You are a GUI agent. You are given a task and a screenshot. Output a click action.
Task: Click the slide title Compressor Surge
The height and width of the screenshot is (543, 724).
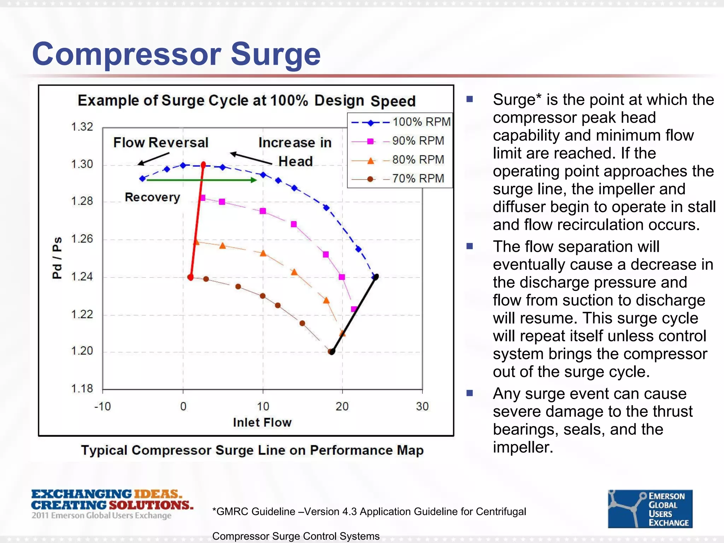click(x=176, y=54)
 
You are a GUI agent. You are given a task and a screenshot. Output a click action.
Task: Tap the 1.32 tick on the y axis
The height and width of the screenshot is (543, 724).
click(x=82, y=127)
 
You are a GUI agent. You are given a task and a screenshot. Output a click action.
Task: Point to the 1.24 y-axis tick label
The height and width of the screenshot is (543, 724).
click(x=82, y=276)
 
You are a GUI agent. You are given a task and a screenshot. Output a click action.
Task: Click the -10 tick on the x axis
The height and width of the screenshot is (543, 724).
click(x=103, y=407)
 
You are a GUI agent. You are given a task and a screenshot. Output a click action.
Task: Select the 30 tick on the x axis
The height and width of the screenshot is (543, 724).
click(x=422, y=407)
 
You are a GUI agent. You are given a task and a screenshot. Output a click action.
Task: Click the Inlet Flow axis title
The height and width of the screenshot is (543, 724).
click(x=262, y=422)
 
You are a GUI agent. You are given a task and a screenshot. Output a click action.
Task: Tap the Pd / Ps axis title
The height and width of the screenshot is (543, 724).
click(x=57, y=258)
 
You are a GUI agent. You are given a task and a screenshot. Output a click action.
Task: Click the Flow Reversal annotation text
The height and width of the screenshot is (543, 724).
click(x=160, y=142)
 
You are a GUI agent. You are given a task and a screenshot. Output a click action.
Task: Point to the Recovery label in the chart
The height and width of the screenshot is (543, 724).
click(x=152, y=197)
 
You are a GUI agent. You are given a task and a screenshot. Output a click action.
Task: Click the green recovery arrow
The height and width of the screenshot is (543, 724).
click(x=202, y=180)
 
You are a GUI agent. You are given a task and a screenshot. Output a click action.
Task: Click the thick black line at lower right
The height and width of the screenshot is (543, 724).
click(x=354, y=315)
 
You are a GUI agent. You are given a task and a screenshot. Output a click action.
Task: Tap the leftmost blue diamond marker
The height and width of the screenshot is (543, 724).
click(x=143, y=179)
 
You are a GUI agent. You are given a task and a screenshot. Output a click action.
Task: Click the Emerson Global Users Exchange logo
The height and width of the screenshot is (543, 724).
click(x=650, y=509)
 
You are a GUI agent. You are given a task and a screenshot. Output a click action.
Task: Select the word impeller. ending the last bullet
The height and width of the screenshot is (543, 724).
click(x=522, y=447)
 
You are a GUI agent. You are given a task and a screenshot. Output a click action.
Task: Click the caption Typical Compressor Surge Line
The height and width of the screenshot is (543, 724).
click(x=252, y=450)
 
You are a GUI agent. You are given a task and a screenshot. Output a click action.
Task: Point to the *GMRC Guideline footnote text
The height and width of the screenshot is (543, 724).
click(x=369, y=512)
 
